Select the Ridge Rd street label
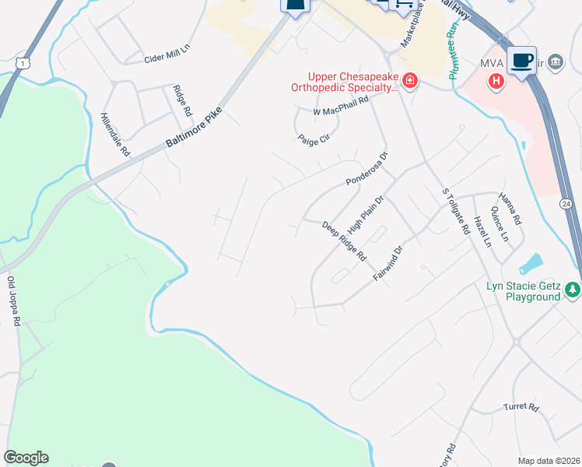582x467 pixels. coord(181,100)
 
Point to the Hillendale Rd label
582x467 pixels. coord(115,135)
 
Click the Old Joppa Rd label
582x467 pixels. coord(12,300)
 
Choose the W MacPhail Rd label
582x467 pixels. coord(340,112)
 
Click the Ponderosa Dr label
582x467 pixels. coord(366,169)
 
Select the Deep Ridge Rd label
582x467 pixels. coord(344,241)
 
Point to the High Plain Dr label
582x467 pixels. coord(366,215)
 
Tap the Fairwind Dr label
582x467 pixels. coord(387,265)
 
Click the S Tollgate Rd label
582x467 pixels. coord(456,211)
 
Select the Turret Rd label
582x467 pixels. coord(521,407)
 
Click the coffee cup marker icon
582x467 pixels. coord(521,60)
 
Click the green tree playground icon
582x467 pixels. coord(573,290)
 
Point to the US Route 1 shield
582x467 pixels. coord(25,61)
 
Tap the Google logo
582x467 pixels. coord(26,458)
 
